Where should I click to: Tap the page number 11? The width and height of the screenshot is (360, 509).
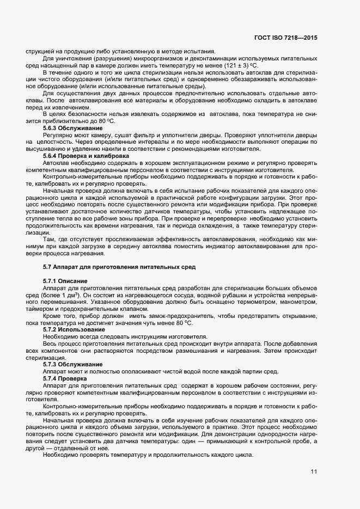pos(314,471)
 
